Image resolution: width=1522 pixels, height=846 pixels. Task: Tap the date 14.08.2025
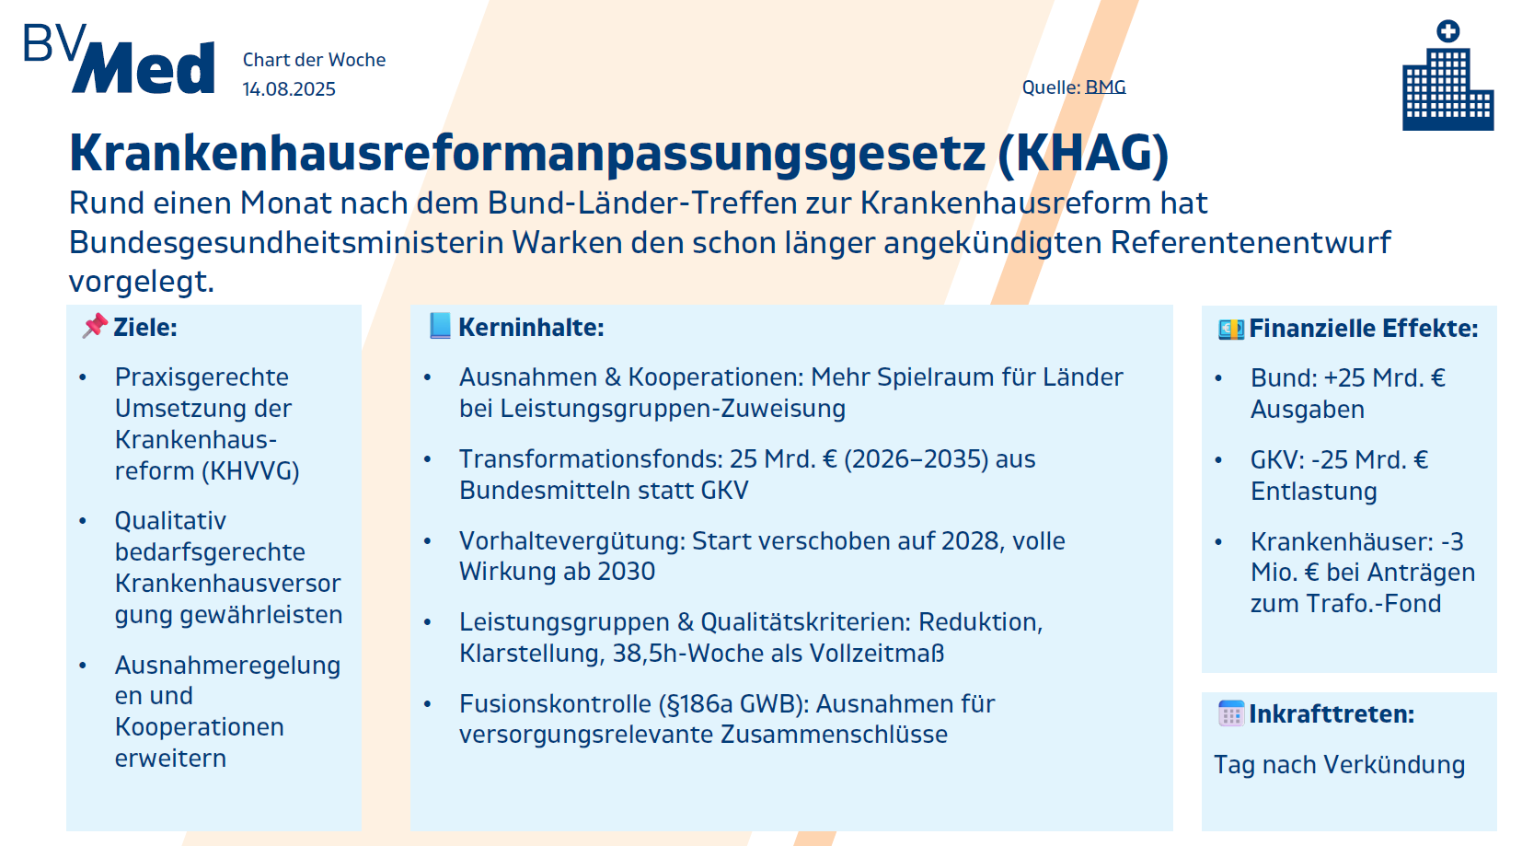pos(289,89)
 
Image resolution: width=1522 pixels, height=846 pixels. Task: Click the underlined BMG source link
pos(1105,87)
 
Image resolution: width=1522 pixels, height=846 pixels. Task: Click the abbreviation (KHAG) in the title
pos(1083,154)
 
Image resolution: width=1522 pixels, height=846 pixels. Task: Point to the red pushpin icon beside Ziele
pos(95,326)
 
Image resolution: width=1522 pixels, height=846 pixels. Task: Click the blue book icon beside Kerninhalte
pos(440,326)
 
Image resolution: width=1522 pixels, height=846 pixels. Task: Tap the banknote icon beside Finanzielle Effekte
pos(1230,329)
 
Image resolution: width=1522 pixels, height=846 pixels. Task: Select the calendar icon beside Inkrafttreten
pos(1230,713)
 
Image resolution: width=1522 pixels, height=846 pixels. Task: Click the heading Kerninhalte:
pos(531,328)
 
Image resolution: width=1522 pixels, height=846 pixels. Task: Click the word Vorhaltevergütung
pos(573,541)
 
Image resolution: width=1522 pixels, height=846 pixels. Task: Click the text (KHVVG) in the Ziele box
pos(250,471)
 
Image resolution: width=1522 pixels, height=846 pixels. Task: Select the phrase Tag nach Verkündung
pos(1339,765)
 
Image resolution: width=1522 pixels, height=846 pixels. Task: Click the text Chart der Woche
pos(314,60)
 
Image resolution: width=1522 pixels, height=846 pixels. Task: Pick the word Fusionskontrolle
pos(555,704)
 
